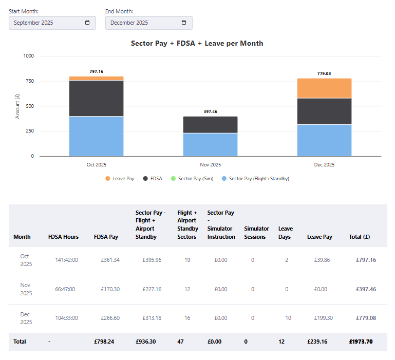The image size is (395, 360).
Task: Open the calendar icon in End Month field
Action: [x=184, y=23]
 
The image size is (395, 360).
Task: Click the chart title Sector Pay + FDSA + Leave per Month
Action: [x=197, y=44]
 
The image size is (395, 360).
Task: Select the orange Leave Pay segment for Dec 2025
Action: [x=324, y=88]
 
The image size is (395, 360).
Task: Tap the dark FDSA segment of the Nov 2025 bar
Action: [x=210, y=125]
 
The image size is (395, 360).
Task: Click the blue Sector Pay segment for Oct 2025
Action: [x=96, y=136]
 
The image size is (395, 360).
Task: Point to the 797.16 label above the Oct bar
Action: [x=96, y=71]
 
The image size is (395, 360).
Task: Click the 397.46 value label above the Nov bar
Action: [x=210, y=111]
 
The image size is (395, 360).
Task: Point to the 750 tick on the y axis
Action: [x=29, y=81]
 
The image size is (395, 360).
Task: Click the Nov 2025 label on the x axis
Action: [x=210, y=165]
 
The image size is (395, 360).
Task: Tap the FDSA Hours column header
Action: [x=63, y=237]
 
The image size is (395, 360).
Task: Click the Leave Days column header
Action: [x=286, y=233]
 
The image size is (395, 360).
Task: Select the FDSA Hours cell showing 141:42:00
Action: [x=66, y=260]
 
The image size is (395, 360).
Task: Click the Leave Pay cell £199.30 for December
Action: [x=319, y=318]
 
